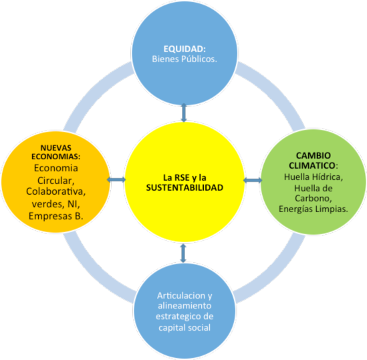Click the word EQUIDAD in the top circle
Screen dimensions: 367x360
[x=183, y=49]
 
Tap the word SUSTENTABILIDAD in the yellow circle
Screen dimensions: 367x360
[x=185, y=187]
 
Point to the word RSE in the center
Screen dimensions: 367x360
[x=182, y=177]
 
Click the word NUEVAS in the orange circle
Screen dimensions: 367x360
[x=56, y=148]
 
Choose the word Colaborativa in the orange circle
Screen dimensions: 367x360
[x=55, y=191]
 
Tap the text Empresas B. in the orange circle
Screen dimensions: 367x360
[x=56, y=216]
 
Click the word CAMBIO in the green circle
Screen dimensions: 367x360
[x=314, y=155]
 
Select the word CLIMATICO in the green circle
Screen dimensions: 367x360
[x=312, y=165]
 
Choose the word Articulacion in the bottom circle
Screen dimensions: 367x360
[x=181, y=296]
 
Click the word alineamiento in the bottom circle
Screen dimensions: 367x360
[x=185, y=306]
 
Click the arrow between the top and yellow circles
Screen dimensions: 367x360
[x=184, y=112]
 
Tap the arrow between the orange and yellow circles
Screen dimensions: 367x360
[x=116, y=179]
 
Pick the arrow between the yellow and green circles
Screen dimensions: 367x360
[x=253, y=180]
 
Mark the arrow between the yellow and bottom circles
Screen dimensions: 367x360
[x=183, y=253]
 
